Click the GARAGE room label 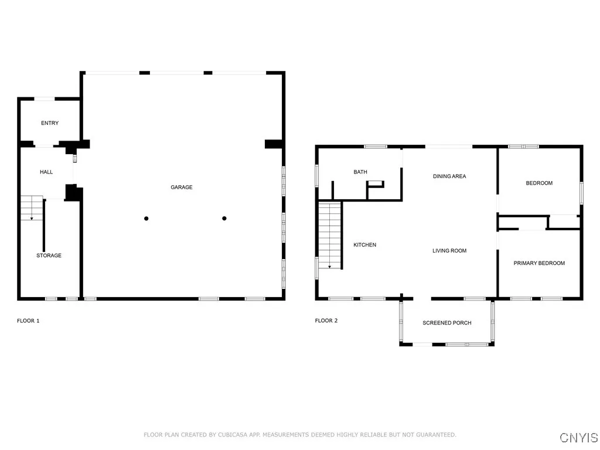pos(182,187)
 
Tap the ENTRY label pos(50,123)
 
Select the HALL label pos(46,172)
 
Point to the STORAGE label pos(49,255)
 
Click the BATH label pos(360,172)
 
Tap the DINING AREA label pos(449,176)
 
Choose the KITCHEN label pos(364,245)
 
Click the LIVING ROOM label pos(449,251)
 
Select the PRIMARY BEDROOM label pos(539,263)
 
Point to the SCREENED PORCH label pos(447,323)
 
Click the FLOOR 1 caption pos(28,321)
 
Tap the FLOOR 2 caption pos(326,321)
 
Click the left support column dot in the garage pos(146,219)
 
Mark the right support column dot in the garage pos(224,219)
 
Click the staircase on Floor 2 pos(330,234)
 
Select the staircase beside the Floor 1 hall pos(32,208)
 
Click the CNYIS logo pos(579,438)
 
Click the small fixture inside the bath pos(376,185)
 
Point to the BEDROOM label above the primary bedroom pos(539,183)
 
